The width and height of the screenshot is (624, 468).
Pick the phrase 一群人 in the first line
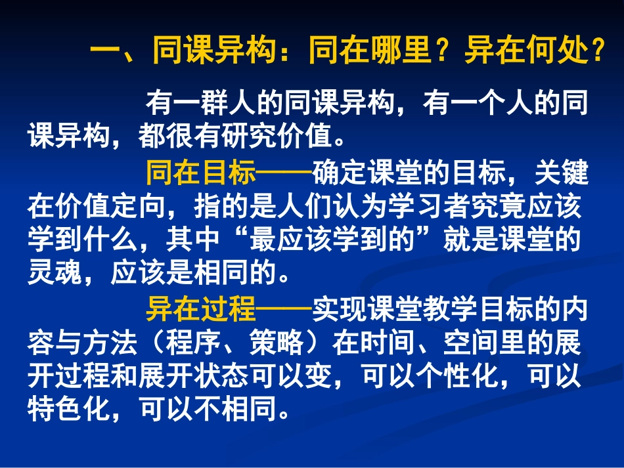(215, 104)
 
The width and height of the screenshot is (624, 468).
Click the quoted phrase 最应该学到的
(334, 240)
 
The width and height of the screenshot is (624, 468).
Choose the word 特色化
(70, 409)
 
